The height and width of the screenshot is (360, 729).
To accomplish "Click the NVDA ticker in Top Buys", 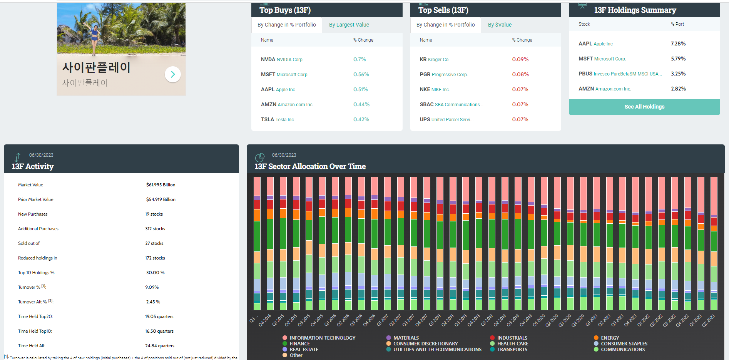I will (x=268, y=60).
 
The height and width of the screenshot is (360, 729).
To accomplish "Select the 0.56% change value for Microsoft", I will (x=361, y=75).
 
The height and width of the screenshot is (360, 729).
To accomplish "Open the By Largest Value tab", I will (x=349, y=25).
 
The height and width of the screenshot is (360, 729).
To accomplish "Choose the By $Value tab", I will (x=500, y=25).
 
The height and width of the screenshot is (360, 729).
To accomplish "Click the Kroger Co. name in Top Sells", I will (x=438, y=60).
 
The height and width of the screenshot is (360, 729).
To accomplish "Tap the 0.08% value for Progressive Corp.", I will (x=520, y=75).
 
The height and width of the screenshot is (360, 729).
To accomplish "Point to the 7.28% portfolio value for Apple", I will (x=678, y=44).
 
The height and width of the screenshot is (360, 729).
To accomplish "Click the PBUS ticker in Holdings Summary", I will (x=585, y=74).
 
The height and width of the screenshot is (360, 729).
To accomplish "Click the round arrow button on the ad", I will (x=173, y=74).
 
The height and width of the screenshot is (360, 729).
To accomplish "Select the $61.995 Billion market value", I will (x=161, y=185).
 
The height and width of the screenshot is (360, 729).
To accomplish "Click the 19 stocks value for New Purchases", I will (x=154, y=214).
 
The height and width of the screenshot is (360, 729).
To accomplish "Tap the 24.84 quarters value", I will (x=160, y=346).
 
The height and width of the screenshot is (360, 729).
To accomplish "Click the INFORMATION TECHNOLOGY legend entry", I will (x=322, y=338).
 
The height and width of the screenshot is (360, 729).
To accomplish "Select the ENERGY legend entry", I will (x=610, y=338).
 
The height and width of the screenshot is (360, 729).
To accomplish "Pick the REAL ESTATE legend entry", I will (x=304, y=350).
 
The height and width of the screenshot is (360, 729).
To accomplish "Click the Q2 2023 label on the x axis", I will (x=708, y=320).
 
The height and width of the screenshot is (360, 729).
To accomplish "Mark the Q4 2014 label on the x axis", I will (x=265, y=320).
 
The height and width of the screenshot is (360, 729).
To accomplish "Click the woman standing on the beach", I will (x=94, y=37).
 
